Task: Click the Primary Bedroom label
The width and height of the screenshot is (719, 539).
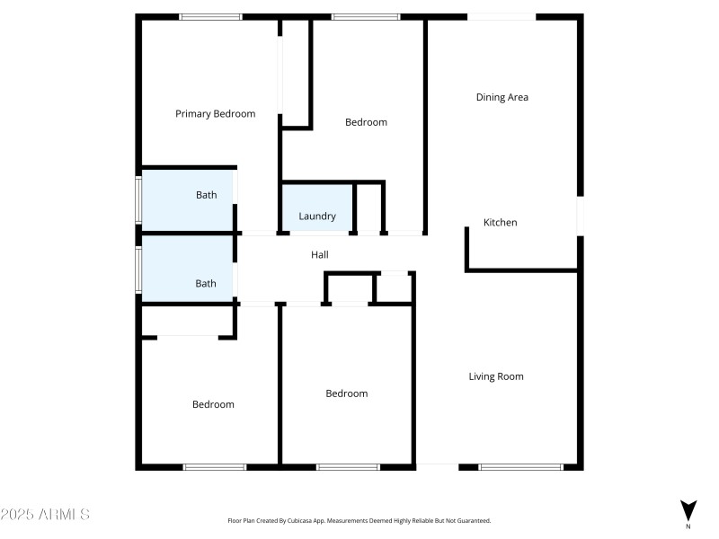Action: click(x=215, y=114)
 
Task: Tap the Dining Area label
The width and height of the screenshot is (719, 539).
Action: click(x=502, y=97)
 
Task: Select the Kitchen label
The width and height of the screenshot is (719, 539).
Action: click(x=500, y=223)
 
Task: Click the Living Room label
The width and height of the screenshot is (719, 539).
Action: click(x=495, y=376)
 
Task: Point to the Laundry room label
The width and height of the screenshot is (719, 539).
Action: click(x=317, y=216)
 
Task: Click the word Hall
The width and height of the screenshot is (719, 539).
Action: click(x=319, y=255)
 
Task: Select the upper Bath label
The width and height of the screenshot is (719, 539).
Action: click(x=206, y=195)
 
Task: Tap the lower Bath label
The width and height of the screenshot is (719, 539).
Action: click(x=206, y=283)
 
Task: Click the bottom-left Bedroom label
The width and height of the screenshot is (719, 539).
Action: click(x=213, y=404)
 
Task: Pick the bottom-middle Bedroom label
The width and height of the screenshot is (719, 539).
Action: click(x=346, y=393)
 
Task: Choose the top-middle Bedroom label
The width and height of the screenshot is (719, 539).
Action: click(x=366, y=122)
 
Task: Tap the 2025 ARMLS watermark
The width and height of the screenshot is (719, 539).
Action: click(x=45, y=515)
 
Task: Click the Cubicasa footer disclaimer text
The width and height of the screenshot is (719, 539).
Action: click(x=359, y=520)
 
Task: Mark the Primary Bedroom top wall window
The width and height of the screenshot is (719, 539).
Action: click(x=210, y=16)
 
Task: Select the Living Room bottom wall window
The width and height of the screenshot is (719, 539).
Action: click(x=520, y=467)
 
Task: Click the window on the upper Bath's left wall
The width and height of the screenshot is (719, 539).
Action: click(x=138, y=199)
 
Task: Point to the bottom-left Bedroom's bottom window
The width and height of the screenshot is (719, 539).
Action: click(x=215, y=467)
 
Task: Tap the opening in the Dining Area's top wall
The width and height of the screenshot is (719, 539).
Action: click(x=502, y=16)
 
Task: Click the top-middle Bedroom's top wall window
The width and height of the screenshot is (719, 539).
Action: click(x=366, y=16)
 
